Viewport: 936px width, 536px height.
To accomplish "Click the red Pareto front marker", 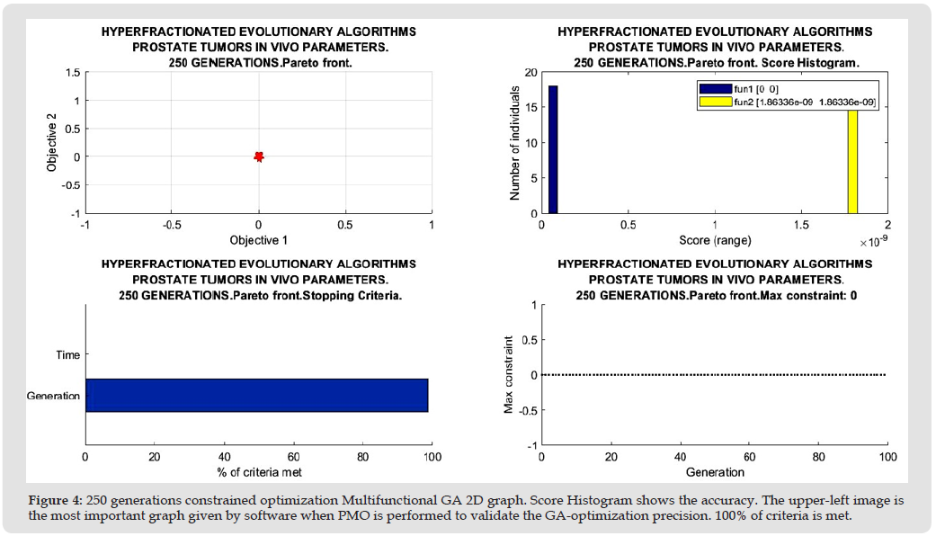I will pos(259,156).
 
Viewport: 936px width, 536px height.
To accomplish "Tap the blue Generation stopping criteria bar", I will pos(256,395).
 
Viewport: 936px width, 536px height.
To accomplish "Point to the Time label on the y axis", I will pos(67,355).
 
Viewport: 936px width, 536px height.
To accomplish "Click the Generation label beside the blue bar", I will pos(54,396).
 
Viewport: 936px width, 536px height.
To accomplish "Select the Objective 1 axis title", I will pos(259,241).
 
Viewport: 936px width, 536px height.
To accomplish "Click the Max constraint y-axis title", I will pos(509,375).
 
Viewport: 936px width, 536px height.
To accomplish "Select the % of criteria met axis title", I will pos(259,473).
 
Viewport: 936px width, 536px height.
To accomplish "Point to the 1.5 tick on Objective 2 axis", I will pos(71,72).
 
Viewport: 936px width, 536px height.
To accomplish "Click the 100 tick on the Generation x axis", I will pos(887,458).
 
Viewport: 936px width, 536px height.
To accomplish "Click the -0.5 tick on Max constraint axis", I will pos(526,410).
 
